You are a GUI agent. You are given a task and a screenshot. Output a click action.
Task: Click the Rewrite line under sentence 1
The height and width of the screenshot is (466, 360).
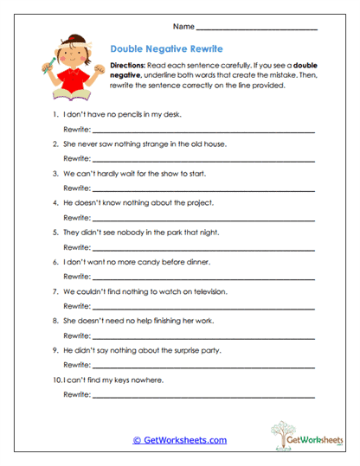click(203, 130)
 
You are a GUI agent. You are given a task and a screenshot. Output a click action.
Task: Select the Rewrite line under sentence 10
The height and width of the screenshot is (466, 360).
click(203, 397)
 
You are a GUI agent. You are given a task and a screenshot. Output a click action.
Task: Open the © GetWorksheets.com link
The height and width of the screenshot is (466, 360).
click(180, 440)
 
